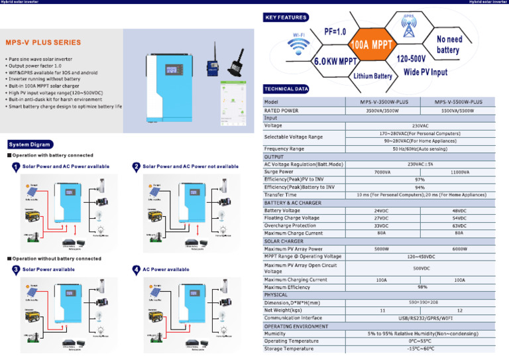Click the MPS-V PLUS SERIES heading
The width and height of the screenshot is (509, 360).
(44, 42)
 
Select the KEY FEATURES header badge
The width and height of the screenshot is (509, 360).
(286, 17)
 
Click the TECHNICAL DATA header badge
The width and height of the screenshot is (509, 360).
(286, 89)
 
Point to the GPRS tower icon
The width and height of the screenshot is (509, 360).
(409, 27)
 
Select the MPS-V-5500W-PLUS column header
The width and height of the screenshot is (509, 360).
(459, 103)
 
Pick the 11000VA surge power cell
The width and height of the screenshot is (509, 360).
(459, 172)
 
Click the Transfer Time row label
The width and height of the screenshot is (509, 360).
(280, 195)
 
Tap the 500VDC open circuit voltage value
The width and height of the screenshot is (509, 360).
(420, 269)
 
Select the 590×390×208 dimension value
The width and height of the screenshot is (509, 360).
(420, 302)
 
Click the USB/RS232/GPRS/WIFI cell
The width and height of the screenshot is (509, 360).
(420, 318)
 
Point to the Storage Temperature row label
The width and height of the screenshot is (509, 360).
(289, 349)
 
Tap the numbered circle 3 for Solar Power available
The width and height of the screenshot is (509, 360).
(15, 270)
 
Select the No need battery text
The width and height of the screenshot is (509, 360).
(448, 44)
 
